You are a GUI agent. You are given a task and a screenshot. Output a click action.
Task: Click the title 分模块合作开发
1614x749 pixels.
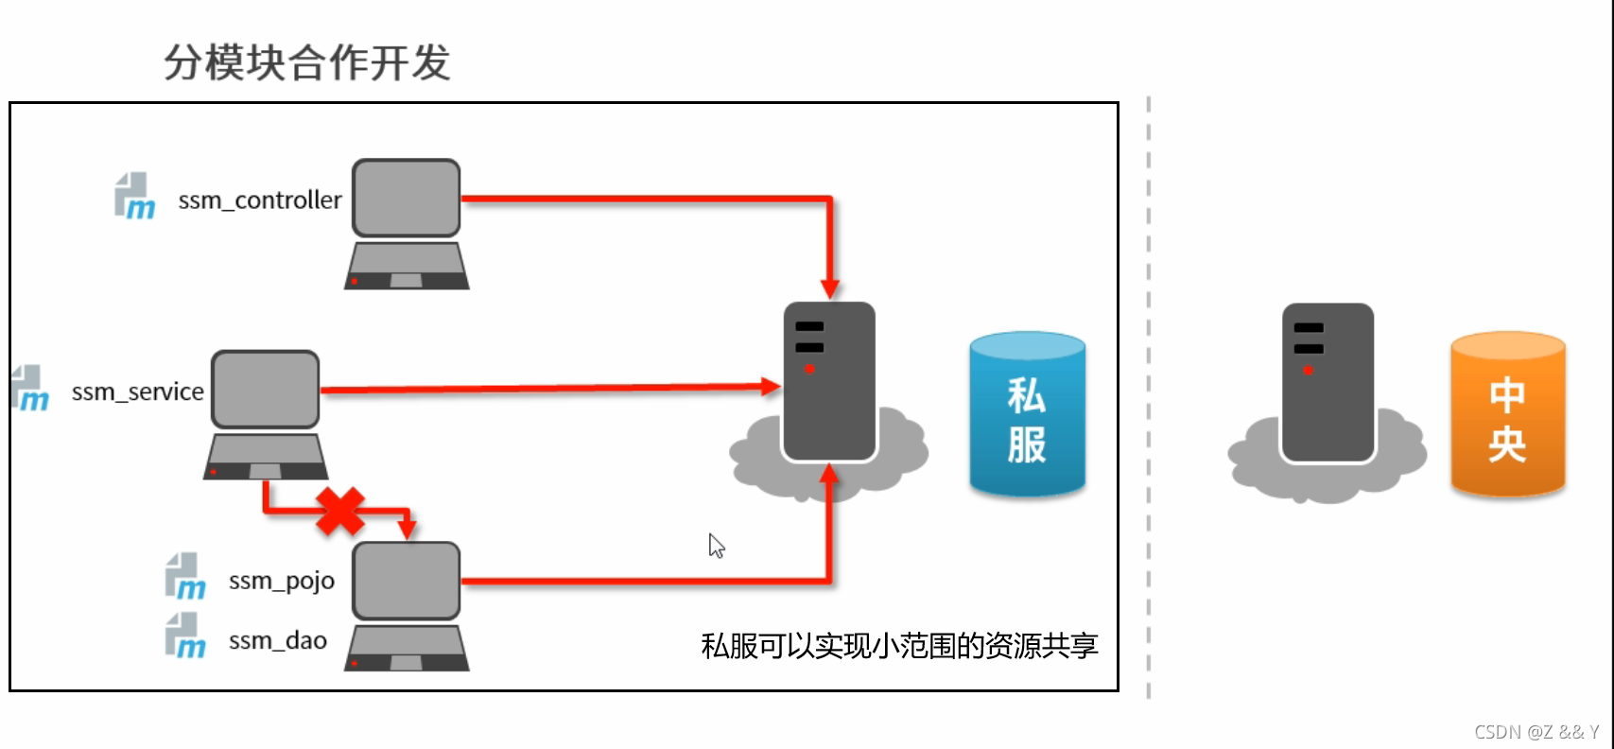pos(307,63)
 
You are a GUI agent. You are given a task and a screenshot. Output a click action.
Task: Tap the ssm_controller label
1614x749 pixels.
pos(260,200)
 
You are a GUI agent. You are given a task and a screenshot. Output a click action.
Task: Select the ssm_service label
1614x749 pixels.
pos(138,392)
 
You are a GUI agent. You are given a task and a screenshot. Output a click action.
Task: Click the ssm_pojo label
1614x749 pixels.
pos(282,581)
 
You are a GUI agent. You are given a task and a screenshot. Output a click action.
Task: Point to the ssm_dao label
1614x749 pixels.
pos(278,640)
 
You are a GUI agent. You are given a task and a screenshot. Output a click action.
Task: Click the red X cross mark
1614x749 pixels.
pos(340,512)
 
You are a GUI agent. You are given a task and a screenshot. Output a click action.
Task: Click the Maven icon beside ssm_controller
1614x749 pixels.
pos(134,197)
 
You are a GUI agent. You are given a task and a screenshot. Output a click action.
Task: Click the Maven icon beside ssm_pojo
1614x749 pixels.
pos(185,577)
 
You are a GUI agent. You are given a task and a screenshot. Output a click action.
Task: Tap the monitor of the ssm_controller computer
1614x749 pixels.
pos(407,197)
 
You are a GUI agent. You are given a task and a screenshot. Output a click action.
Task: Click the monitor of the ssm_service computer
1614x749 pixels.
pos(266,389)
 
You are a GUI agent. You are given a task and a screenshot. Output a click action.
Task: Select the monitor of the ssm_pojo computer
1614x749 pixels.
pos(407,580)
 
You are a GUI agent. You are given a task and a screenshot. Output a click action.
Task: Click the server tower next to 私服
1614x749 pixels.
pos(829,381)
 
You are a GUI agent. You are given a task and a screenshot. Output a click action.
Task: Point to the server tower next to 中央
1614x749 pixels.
pos(1327,383)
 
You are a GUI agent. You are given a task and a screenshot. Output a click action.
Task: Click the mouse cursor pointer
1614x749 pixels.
pos(716,545)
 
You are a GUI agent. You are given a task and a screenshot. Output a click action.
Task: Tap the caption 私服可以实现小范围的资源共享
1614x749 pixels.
pos(899,646)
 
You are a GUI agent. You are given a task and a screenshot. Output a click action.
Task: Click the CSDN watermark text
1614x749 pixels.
pos(1536,732)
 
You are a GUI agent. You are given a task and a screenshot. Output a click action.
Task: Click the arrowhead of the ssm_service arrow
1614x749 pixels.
pos(772,386)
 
